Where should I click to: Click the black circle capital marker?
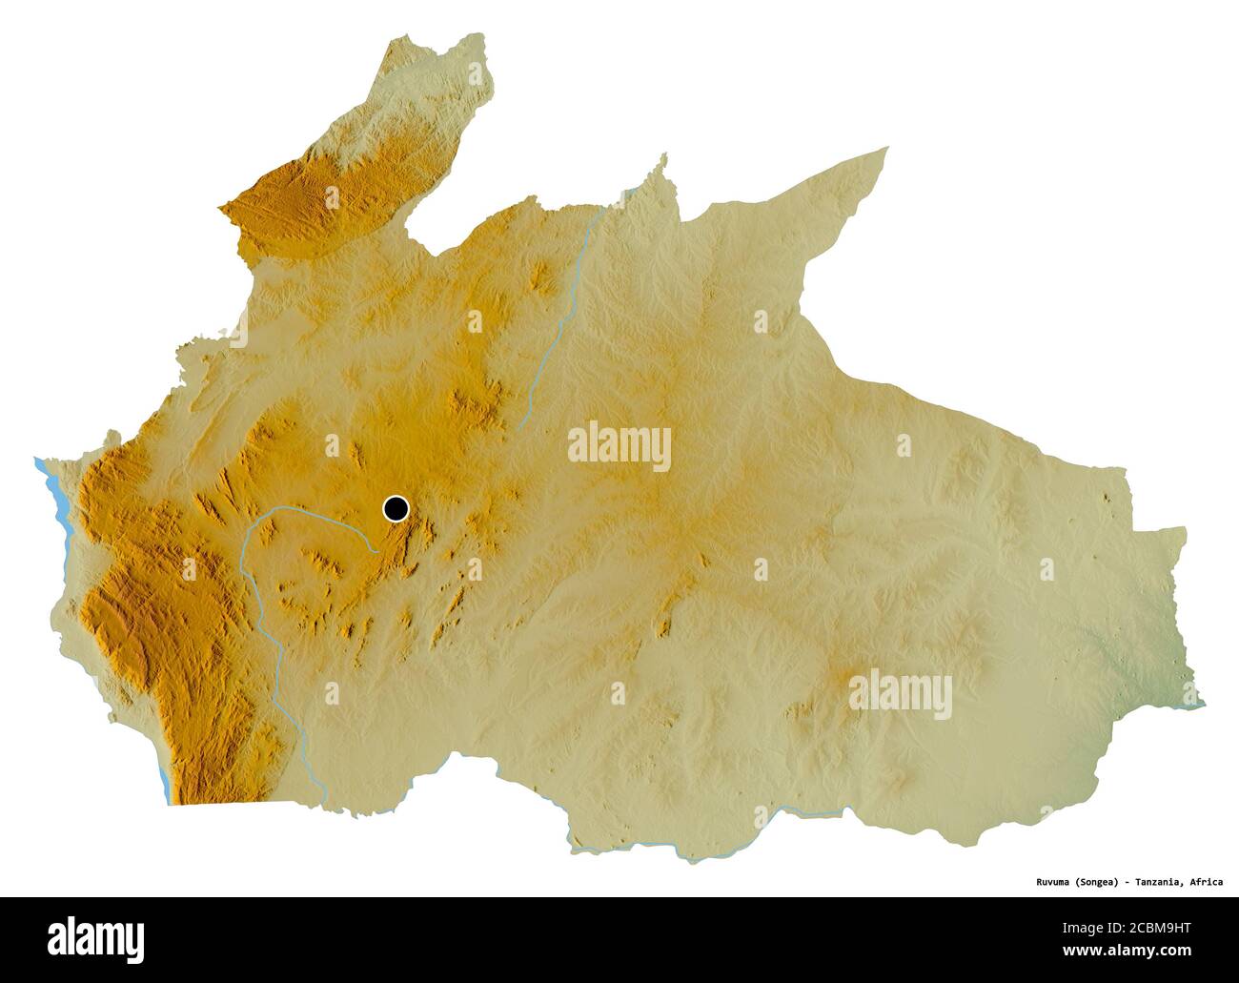[396, 508]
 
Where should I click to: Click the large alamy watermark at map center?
[619, 446]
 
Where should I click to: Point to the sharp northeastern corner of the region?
[886, 149]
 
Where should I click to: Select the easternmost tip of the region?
[1203, 705]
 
